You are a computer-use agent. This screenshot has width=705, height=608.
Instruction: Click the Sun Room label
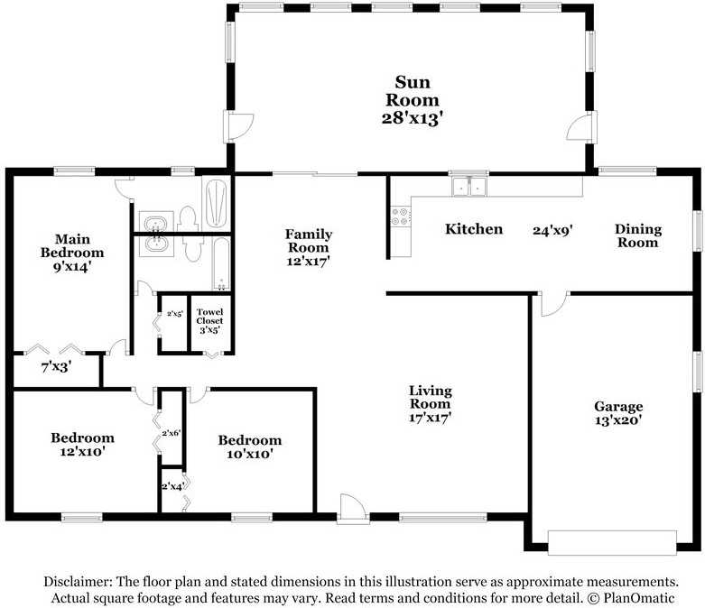(412, 99)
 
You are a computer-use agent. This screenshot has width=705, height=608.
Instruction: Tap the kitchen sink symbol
(468, 187)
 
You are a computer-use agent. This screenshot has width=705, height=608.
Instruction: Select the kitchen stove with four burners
(399, 216)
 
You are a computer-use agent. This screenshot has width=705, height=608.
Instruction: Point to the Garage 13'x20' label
(618, 412)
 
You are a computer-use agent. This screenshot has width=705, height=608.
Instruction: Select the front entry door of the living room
(353, 509)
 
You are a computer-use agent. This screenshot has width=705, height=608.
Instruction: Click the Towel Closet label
(209, 320)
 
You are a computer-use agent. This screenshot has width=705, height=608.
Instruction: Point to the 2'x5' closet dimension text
(174, 315)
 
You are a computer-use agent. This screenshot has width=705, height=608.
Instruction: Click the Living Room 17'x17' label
(430, 403)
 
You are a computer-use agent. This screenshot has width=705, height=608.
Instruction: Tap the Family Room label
(308, 246)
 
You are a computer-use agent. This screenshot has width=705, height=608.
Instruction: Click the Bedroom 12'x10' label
(82, 444)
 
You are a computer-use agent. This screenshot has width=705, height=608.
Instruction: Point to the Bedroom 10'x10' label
(249, 447)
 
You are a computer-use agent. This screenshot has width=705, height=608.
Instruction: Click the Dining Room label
(638, 235)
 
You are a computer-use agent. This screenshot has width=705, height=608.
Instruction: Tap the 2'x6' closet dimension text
(172, 433)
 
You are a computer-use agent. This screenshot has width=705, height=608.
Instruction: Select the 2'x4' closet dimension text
(172, 486)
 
